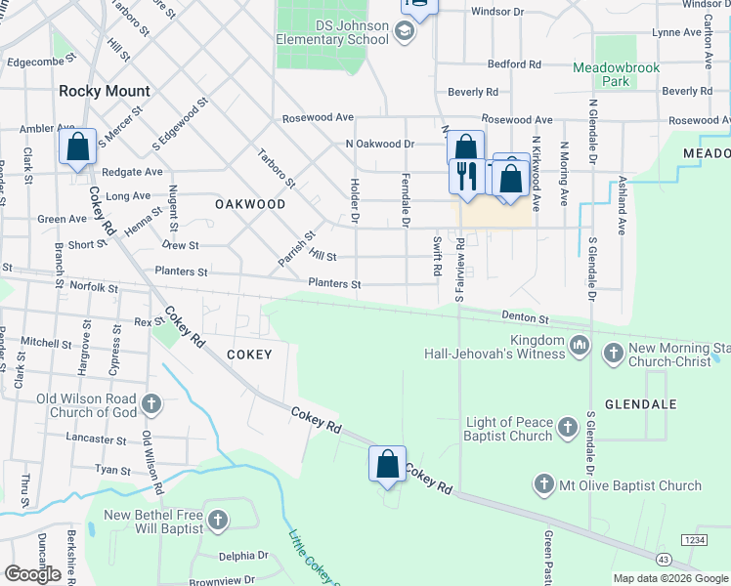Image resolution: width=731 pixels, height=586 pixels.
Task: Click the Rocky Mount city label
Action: pyautogui.click(x=105, y=91)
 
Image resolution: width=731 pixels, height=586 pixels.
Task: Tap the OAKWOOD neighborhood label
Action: pyautogui.click(x=250, y=204)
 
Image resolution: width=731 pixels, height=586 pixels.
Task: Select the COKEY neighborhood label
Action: pyautogui.click(x=249, y=355)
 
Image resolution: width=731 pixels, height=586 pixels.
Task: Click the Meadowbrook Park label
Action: pyautogui.click(x=617, y=75)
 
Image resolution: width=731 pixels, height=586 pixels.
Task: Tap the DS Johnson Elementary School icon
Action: pyautogui.click(x=405, y=32)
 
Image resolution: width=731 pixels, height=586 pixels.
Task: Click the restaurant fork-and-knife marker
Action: pyautogui.click(x=466, y=176)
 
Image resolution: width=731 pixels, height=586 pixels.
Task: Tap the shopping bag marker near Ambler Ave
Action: pyautogui.click(x=78, y=147)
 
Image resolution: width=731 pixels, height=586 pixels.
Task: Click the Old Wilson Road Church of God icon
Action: pyautogui.click(x=151, y=403)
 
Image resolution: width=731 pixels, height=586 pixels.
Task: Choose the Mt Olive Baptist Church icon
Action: pyautogui.click(x=544, y=484)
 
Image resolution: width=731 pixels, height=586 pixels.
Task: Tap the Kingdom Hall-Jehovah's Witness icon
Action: pyautogui.click(x=580, y=345)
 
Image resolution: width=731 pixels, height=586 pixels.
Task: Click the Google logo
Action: pyautogui.click(x=32, y=574)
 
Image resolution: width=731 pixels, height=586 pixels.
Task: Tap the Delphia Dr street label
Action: pyautogui.click(x=243, y=555)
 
